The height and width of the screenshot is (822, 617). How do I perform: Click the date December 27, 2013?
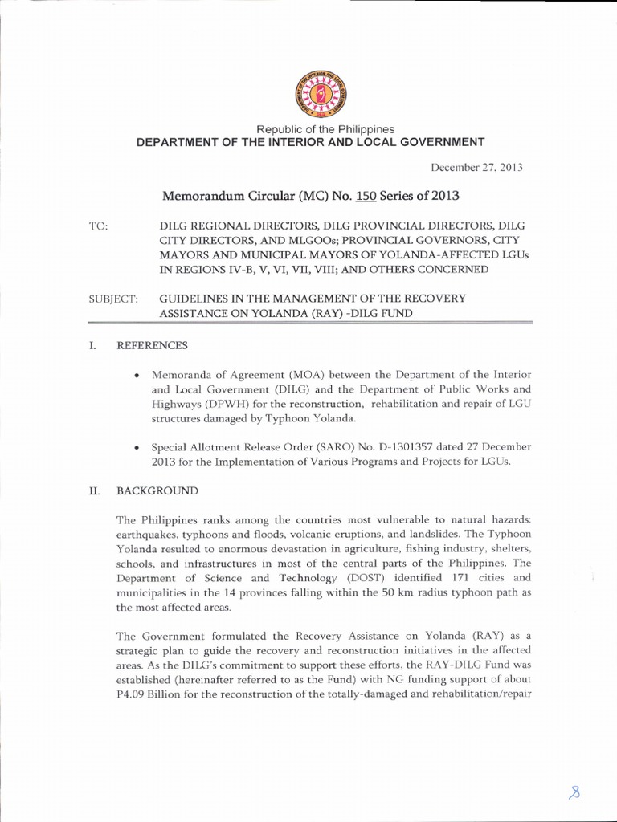477,168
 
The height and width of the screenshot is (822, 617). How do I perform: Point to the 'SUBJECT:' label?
112,299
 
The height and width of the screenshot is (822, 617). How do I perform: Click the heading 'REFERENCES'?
153,345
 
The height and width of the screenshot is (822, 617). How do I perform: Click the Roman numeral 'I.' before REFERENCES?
92,345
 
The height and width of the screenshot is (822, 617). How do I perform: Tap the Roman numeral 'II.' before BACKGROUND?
93,490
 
